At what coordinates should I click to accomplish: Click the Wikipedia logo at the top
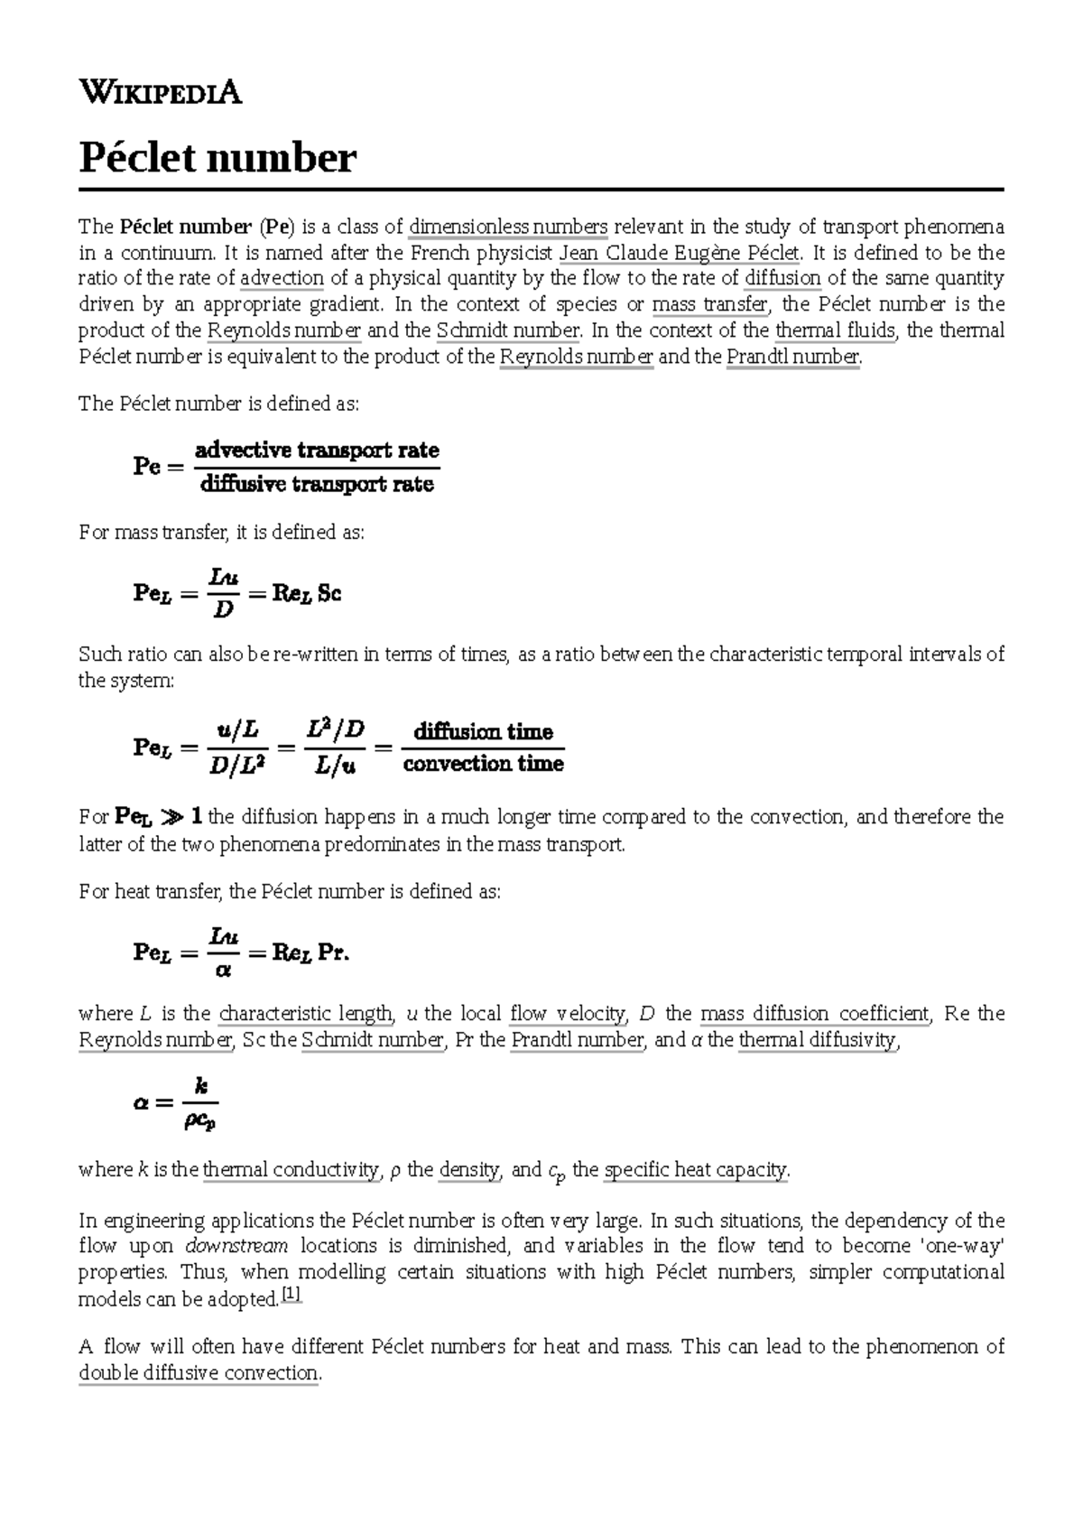click(160, 92)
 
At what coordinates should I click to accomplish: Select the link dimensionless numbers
click(508, 227)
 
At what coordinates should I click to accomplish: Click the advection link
click(282, 279)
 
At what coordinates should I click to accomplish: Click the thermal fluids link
click(835, 330)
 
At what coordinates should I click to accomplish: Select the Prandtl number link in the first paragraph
click(792, 357)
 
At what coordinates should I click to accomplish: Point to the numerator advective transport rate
click(317, 450)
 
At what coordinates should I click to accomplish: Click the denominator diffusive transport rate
click(317, 485)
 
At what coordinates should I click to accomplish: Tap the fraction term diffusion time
click(483, 731)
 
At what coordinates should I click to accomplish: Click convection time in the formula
click(483, 765)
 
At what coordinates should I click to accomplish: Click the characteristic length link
click(306, 1014)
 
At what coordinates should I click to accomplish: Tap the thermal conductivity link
click(290, 1170)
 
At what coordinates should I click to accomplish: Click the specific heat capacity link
click(695, 1170)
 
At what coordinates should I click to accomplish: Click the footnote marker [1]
click(292, 1295)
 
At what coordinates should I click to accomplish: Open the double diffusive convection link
click(199, 1373)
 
